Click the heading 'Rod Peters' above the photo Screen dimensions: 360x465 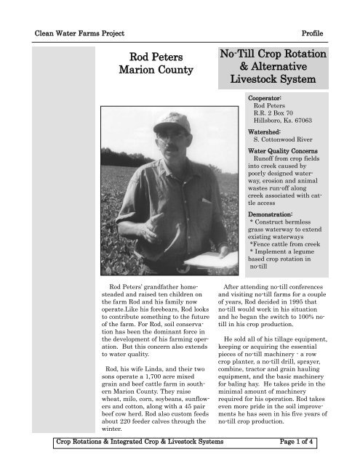(x=156, y=56)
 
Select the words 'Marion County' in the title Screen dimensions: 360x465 (x=156, y=70)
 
